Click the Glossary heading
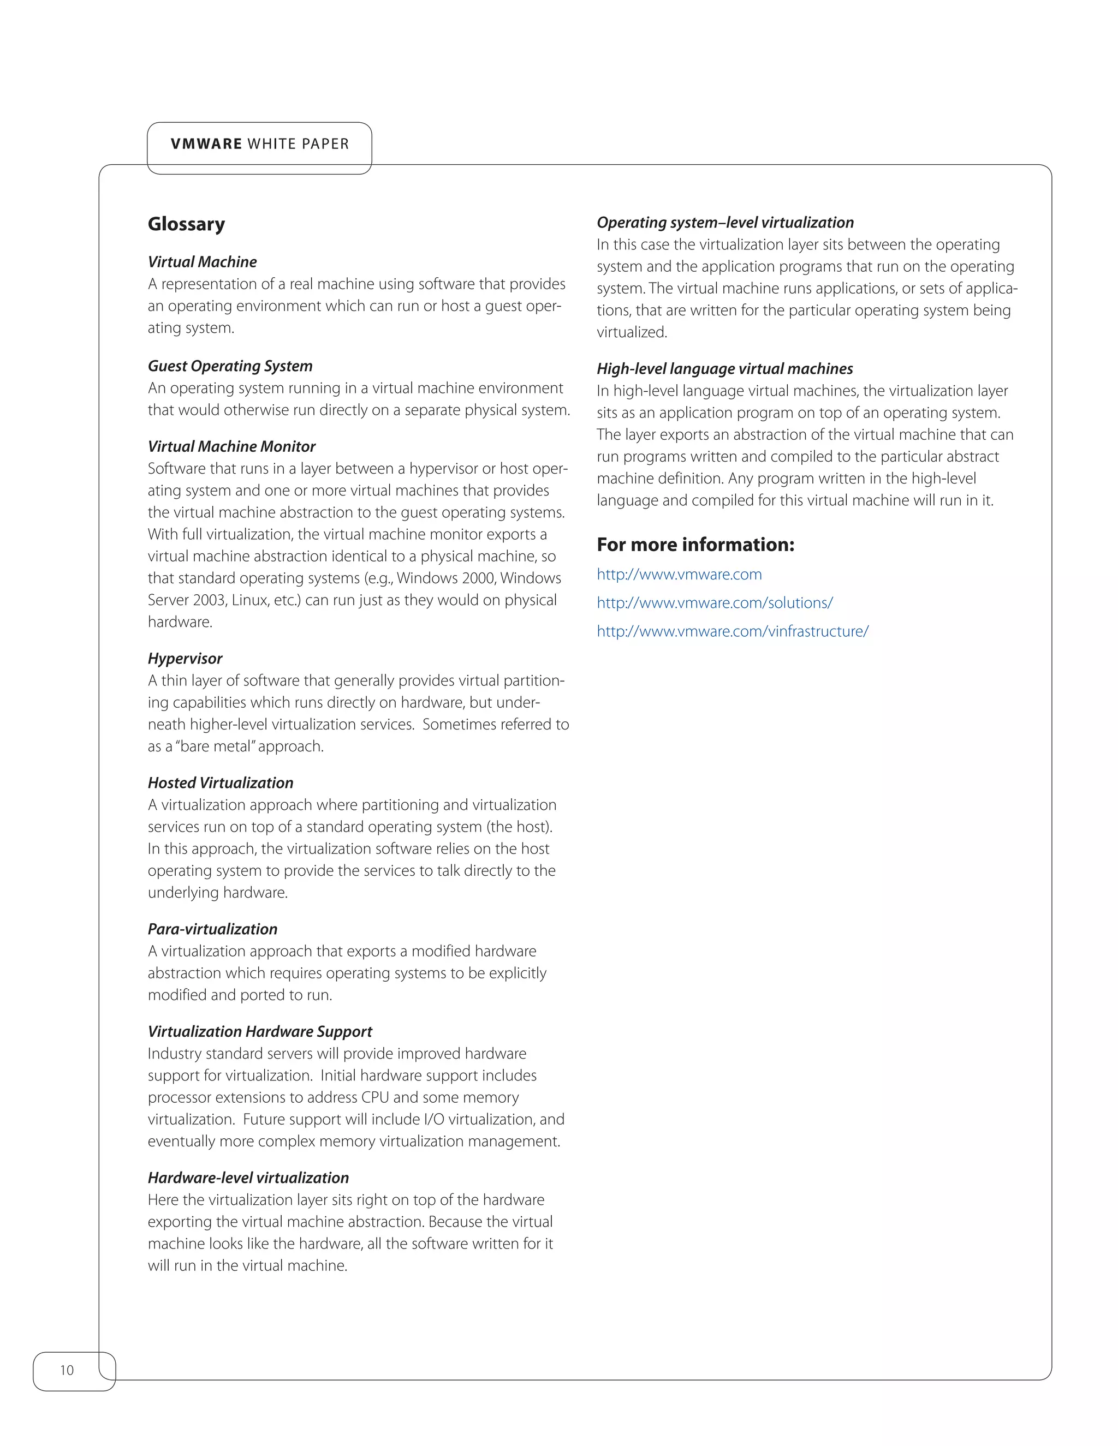pos(186,224)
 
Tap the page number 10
pos(67,1370)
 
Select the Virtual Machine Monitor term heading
pos(231,447)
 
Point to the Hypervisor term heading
pos(185,659)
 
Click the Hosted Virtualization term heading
pos(220,783)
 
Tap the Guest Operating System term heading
pos(230,366)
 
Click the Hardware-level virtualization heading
pos(248,1179)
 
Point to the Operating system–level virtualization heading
pos(724,223)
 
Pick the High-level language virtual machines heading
pos(724,369)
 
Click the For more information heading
pos(695,545)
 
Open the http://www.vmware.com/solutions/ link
pos(714,603)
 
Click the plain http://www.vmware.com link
pos(679,575)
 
